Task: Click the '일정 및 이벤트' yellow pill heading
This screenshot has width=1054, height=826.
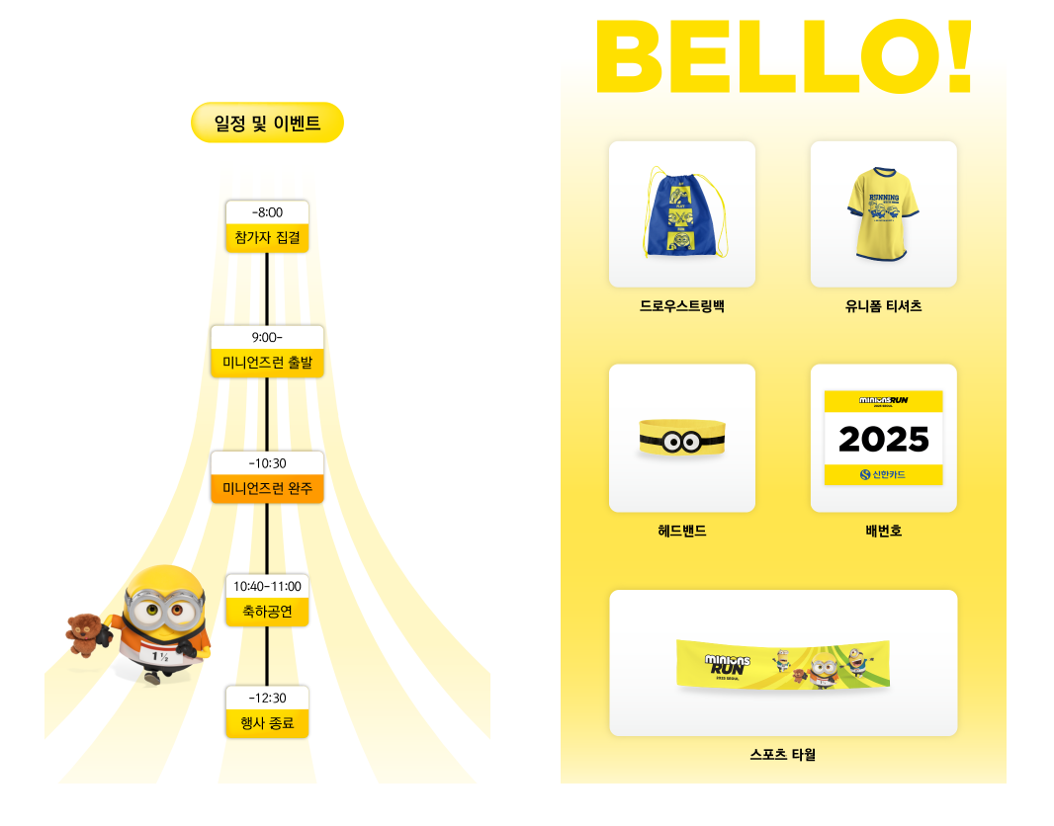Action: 267,124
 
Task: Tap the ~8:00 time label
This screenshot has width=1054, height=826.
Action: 267,212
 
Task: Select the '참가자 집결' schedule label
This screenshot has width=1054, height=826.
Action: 267,238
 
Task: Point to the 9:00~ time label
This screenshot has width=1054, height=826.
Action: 267,337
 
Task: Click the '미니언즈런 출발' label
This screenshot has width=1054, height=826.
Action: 267,364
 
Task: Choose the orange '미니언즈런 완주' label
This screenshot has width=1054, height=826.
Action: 267,489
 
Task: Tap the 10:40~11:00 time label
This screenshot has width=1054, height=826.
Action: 267,587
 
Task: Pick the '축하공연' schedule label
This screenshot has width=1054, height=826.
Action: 267,613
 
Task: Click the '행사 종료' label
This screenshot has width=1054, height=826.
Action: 267,723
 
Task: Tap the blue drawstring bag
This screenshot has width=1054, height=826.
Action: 680,211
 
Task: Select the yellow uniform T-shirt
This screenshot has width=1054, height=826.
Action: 882,213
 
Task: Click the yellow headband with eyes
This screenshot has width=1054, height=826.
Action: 681,440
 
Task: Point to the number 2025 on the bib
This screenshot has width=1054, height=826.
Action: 883,440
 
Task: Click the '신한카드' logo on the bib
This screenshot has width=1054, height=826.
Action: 883,475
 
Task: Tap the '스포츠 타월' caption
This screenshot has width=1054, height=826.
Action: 782,755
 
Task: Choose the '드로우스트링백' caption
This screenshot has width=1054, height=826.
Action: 681,306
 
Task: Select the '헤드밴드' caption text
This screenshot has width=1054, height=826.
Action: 681,531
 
